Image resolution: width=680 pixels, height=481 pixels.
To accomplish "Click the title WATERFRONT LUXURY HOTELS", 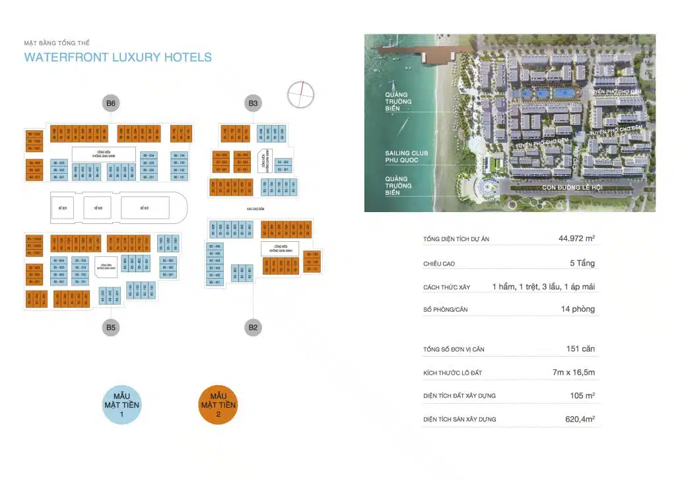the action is [x=118, y=57].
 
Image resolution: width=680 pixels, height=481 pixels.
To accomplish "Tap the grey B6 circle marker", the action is [x=111, y=103].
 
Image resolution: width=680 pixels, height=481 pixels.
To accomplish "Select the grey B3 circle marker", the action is [x=253, y=103].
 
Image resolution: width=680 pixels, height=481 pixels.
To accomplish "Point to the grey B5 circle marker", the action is [x=110, y=326].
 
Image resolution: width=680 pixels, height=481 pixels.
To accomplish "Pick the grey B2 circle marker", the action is [x=253, y=326].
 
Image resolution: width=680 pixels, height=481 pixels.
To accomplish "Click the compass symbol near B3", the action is [x=300, y=93].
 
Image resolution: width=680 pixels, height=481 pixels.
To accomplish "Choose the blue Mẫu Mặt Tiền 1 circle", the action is [x=122, y=405].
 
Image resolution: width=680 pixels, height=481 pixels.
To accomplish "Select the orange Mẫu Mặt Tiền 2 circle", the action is [x=219, y=404].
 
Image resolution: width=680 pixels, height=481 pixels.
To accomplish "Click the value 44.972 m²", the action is [x=576, y=239].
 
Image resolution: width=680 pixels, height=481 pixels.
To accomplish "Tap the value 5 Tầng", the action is [x=582, y=263].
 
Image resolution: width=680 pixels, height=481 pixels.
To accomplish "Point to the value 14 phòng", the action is [x=578, y=309].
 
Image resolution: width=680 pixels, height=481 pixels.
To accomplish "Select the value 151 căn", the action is [x=580, y=349].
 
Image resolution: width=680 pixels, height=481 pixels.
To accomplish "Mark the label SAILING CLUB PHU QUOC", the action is [x=407, y=157].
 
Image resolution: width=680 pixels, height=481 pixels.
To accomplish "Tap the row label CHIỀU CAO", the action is [x=439, y=264].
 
